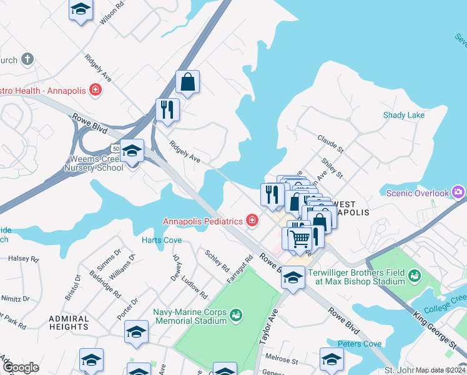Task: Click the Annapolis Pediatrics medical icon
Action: point(252,221)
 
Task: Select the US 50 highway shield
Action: point(114,148)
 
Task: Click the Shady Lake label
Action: point(403,115)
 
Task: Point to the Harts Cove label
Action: point(161,240)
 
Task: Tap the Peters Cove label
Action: point(359,344)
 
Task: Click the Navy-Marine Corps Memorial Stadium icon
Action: point(235,314)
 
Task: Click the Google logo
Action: point(20,367)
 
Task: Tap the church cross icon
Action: point(26,60)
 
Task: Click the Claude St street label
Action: point(330,144)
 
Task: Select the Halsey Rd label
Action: point(23,258)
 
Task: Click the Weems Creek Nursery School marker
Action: point(132,152)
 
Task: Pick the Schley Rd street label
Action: point(217,259)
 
